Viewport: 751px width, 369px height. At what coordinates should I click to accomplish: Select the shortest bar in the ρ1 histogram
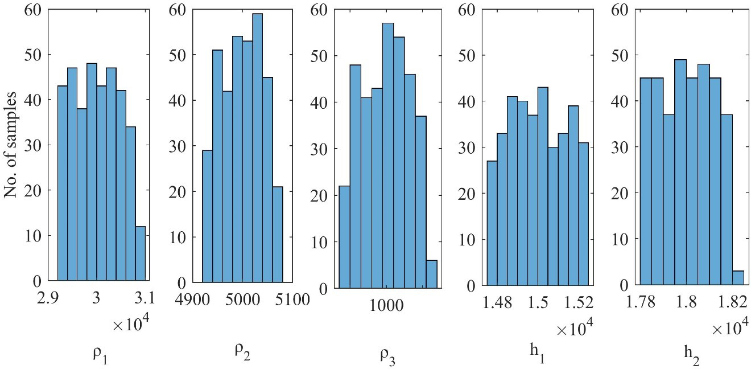[x=141, y=253]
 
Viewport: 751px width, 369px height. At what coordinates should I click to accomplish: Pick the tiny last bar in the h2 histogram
[x=738, y=277]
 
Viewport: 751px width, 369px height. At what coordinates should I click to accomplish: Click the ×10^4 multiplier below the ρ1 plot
[x=130, y=325]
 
